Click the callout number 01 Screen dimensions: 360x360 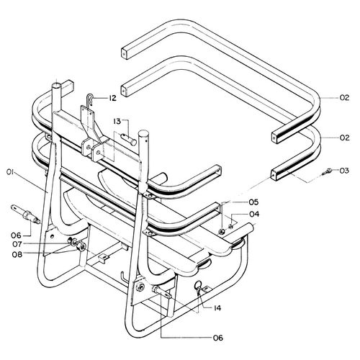point(11,172)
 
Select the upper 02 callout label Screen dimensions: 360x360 point(344,98)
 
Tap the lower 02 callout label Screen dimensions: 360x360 point(344,138)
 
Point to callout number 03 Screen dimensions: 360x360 point(344,171)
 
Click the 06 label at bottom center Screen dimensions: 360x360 point(218,338)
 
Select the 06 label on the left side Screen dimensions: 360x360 point(17,235)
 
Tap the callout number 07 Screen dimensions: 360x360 point(17,244)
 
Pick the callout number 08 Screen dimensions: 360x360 point(17,254)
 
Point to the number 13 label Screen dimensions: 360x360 point(117,122)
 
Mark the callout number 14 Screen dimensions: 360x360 point(217,308)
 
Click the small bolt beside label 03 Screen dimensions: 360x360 point(327,172)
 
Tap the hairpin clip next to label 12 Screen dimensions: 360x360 point(89,100)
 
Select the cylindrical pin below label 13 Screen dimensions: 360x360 point(129,140)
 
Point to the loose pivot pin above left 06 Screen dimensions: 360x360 point(25,214)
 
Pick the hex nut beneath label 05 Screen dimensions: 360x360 point(221,231)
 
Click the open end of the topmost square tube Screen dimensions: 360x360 point(124,53)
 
